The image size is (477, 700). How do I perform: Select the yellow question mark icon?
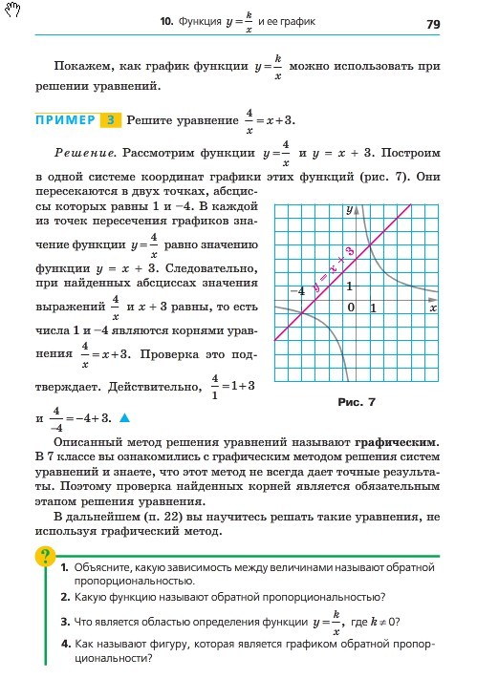click(x=43, y=556)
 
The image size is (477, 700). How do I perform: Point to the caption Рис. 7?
click(x=358, y=402)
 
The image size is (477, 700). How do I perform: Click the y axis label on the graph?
click(x=350, y=208)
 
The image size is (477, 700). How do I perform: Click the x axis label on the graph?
click(x=432, y=308)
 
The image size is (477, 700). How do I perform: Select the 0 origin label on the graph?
click(x=351, y=308)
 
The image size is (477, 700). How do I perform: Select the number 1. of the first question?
click(x=64, y=567)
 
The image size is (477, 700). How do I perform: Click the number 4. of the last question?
click(x=64, y=645)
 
